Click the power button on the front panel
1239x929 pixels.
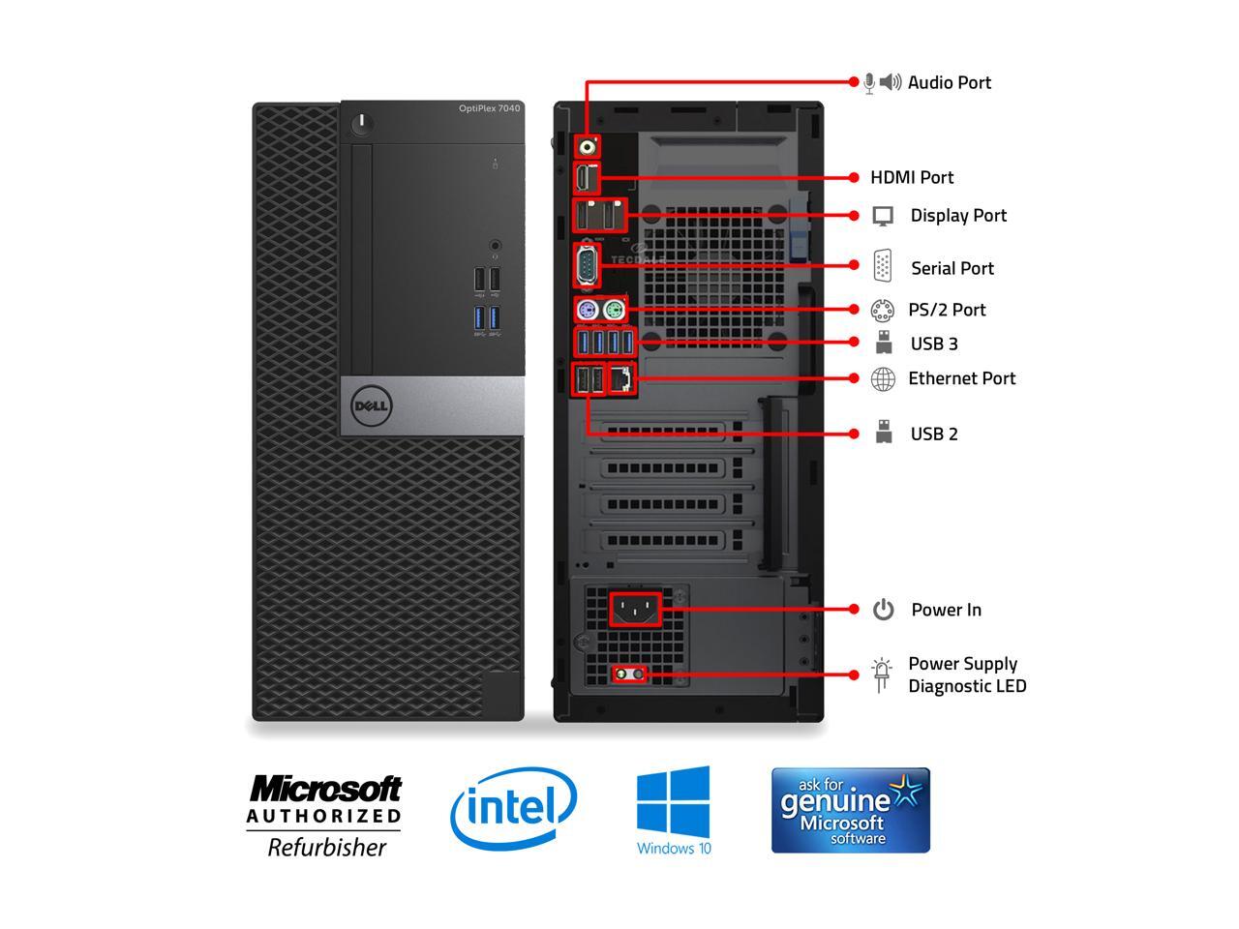coord(363,123)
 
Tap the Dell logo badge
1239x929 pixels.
coord(371,406)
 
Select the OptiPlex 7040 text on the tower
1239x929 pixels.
coord(489,108)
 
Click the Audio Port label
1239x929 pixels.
coord(949,83)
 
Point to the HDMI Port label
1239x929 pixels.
coord(912,178)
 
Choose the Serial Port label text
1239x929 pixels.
coord(952,269)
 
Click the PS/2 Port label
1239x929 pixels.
coord(947,311)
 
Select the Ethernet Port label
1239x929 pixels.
coord(961,379)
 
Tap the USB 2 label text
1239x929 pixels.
coord(934,435)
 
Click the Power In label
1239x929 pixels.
coord(946,611)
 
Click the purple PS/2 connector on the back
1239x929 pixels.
coord(586,311)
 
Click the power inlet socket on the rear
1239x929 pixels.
coord(635,610)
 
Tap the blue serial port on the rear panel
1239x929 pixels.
coord(587,265)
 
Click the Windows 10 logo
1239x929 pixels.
coord(674,811)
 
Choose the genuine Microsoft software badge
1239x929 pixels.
coord(850,811)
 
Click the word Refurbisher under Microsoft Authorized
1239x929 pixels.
coord(326,848)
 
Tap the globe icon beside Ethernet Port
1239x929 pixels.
coord(883,379)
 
